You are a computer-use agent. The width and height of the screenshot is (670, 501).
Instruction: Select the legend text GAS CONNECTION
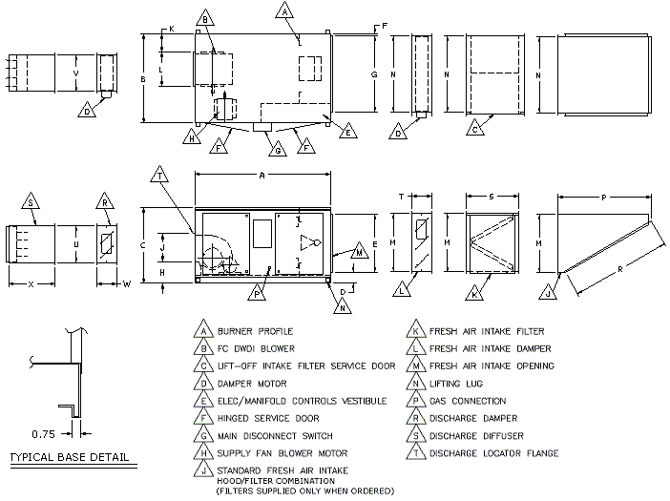(x=468, y=401)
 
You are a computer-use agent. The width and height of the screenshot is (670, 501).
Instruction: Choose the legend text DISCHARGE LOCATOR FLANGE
(x=492, y=453)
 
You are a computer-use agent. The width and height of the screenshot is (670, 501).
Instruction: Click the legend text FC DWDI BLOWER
(x=256, y=348)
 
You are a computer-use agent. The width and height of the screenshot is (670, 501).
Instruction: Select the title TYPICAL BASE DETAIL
(x=68, y=457)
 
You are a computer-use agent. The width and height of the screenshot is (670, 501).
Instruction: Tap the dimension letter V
(x=75, y=72)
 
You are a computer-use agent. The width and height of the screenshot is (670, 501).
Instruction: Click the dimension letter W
(x=127, y=284)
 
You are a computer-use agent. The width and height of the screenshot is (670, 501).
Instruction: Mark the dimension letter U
(x=75, y=245)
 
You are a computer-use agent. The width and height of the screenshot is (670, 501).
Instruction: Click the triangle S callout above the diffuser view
(x=31, y=203)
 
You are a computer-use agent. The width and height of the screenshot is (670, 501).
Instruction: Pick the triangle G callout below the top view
(x=277, y=150)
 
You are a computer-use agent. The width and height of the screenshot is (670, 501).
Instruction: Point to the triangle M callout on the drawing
(x=359, y=253)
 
